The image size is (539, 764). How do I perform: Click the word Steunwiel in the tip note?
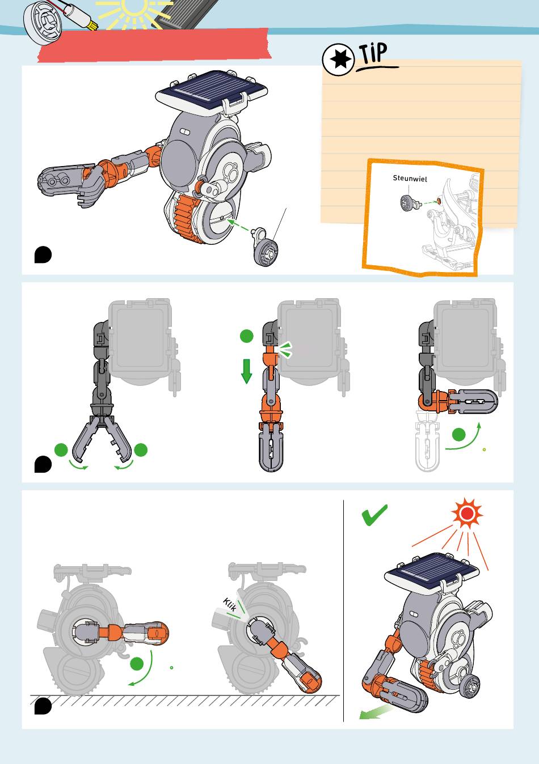click(410, 178)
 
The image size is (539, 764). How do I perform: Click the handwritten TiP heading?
click(374, 53)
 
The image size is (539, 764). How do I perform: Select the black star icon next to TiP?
click(338, 60)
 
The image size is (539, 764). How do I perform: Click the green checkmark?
click(374, 515)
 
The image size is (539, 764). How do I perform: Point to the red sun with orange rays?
click(466, 513)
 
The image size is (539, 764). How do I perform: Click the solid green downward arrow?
click(246, 371)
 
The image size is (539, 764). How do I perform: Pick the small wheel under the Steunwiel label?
click(407, 203)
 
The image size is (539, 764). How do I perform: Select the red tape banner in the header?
click(154, 46)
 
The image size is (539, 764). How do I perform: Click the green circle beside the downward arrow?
click(246, 336)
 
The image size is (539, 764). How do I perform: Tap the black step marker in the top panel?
click(43, 254)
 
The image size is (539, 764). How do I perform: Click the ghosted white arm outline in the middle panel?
click(426, 442)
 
